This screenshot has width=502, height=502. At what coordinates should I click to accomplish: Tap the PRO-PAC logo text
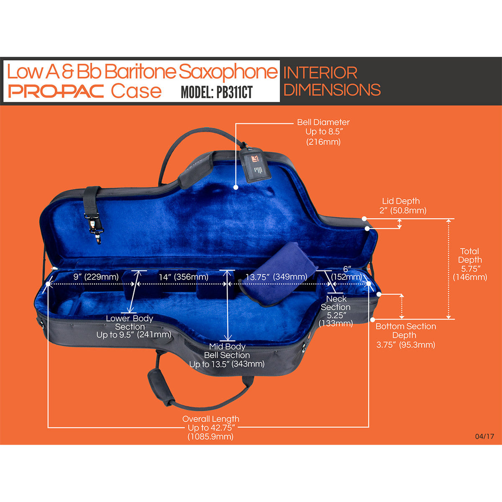click(56, 91)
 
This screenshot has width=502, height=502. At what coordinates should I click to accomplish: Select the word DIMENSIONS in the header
click(332, 90)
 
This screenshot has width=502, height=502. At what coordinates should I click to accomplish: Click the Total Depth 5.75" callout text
click(470, 264)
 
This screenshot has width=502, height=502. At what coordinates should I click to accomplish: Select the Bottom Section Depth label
click(406, 336)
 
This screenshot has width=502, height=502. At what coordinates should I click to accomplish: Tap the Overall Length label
click(211, 428)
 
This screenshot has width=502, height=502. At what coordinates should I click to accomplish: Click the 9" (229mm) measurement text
click(96, 277)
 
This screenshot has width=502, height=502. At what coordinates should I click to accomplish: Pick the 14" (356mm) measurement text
click(184, 277)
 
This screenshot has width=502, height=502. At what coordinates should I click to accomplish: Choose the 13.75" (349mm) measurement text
click(277, 277)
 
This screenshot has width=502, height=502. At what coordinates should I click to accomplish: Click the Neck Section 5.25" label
click(336, 311)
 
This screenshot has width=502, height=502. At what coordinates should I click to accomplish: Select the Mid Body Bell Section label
click(227, 355)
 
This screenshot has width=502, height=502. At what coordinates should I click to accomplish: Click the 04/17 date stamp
click(484, 436)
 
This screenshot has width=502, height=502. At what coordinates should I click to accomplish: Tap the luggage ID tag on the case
click(255, 164)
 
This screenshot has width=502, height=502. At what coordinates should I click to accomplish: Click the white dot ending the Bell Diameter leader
click(236, 187)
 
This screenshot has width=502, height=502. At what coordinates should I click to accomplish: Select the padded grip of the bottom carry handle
click(161, 387)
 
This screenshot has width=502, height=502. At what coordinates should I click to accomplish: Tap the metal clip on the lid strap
click(96, 228)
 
